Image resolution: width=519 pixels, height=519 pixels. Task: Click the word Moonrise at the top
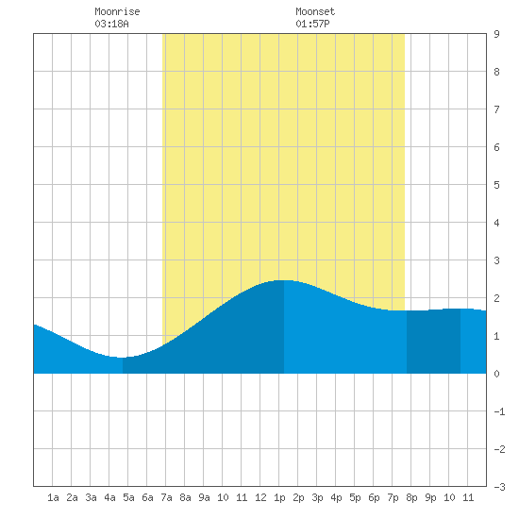[x=117, y=12]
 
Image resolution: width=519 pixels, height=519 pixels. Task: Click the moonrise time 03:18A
[x=111, y=24]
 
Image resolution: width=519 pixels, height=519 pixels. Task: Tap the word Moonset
[x=315, y=12]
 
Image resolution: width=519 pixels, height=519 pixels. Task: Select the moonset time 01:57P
[x=312, y=24]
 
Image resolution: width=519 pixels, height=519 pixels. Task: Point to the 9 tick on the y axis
[x=496, y=34]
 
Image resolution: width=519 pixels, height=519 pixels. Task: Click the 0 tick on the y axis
[x=496, y=374]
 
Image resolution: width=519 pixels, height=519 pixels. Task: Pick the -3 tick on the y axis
[x=499, y=487]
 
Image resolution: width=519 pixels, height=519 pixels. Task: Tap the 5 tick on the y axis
[x=496, y=185]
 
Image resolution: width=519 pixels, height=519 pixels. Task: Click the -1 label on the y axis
[x=499, y=411]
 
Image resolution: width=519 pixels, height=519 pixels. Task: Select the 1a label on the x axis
[x=53, y=497]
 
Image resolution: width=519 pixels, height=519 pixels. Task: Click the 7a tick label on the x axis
[x=166, y=497]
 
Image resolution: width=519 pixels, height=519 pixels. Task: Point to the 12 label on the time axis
[x=260, y=497]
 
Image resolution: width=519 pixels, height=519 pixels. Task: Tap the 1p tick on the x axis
[x=279, y=497]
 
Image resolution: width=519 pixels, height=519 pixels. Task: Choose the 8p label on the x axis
[x=411, y=497]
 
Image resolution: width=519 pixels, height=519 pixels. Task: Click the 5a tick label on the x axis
[x=128, y=497]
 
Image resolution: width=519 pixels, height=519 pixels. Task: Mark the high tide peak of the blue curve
[x=284, y=280]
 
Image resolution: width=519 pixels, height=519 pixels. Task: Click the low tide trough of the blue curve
[x=123, y=358]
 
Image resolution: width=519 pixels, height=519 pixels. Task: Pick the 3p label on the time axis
[x=317, y=497]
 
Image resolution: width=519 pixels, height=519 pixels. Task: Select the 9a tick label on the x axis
[x=204, y=497]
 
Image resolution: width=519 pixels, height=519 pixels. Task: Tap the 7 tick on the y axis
[x=496, y=109]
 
